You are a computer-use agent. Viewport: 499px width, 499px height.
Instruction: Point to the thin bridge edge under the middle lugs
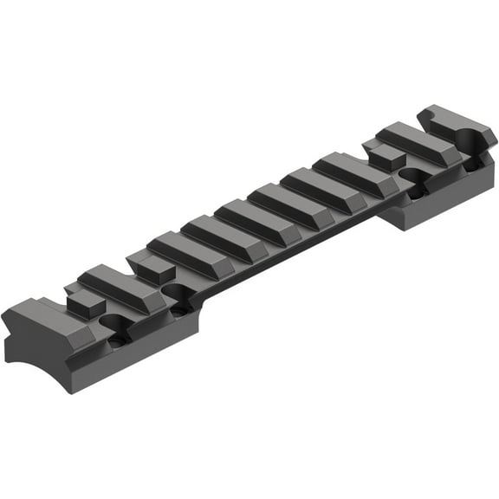(x=295, y=247)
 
